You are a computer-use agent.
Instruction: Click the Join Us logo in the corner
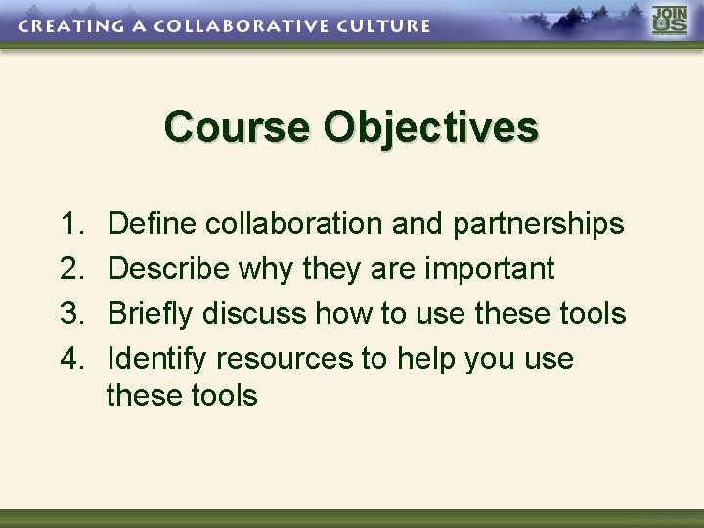(670, 22)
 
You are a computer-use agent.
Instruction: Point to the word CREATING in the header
(66, 26)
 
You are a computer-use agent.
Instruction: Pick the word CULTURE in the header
(381, 26)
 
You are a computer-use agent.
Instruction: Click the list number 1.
(73, 224)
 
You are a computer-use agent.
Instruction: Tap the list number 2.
(73, 269)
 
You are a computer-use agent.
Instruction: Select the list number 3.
(73, 314)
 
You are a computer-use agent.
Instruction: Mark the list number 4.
(73, 359)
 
